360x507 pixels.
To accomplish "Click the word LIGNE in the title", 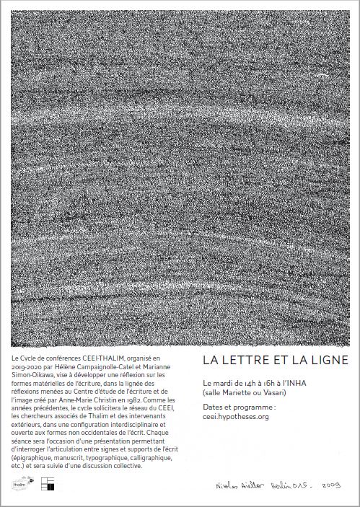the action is pyautogui.click(x=329, y=358).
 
